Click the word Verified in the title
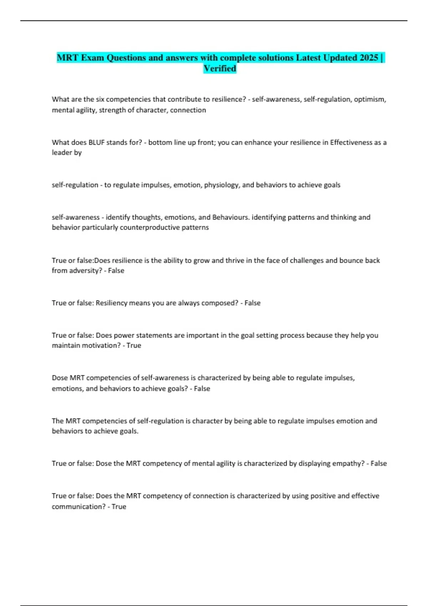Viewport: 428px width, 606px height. [x=220, y=68]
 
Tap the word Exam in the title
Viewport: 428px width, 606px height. [x=92, y=58]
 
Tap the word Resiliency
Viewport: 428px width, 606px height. [x=111, y=303]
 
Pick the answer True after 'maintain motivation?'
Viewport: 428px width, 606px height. [x=134, y=345]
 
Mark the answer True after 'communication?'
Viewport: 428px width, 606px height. [x=119, y=507]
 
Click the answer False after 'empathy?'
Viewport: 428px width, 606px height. [x=378, y=463]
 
